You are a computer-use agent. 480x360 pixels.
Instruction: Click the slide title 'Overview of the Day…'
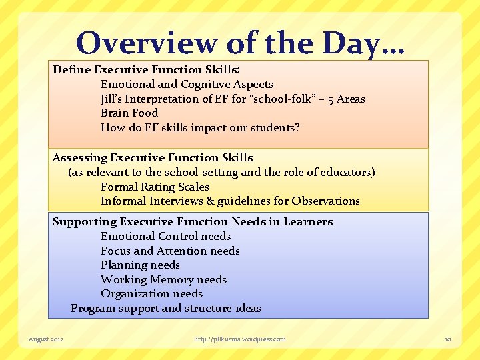pos(241,43)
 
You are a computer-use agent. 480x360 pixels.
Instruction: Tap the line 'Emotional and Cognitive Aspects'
pos(187,84)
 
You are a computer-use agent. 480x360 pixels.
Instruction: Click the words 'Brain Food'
pos(129,113)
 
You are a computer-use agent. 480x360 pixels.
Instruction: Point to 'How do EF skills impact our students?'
pos(200,127)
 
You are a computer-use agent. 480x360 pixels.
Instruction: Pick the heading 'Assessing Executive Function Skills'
pos(153,157)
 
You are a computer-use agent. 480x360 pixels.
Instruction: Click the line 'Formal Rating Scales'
pos(155,187)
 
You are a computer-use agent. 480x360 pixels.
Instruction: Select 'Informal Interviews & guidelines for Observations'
pos(230,201)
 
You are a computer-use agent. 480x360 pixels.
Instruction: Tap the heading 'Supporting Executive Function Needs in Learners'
pos(193,221)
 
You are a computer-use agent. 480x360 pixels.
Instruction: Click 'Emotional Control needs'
pos(165,236)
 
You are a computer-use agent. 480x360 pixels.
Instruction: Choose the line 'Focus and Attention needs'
pos(170,251)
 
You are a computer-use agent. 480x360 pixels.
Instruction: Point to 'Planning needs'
pos(140,265)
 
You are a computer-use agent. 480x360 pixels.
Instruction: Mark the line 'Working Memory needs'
pos(163,279)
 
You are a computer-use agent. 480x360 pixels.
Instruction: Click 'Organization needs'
pos(151,293)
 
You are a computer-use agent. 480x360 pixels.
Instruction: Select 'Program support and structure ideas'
pos(166,308)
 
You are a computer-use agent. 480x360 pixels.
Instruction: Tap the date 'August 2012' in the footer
pos(46,339)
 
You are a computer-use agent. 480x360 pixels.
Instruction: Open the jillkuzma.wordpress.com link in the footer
pos(240,339)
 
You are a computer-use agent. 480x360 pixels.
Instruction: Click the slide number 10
pos(448,339)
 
